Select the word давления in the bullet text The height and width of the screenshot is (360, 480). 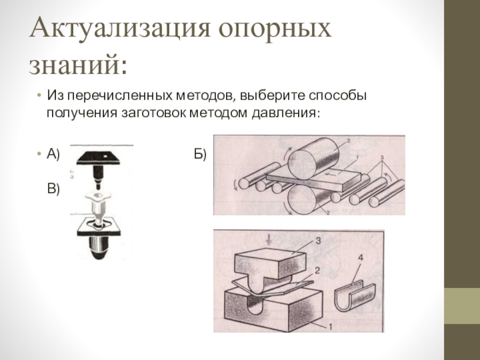click(x=283, y=113)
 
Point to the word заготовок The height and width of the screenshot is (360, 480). click(x=154, y=113)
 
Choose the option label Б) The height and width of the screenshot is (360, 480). click(x=200, y=154)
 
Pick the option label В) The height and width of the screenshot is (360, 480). click(x=53, y=189)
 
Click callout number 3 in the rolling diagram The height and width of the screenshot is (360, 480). click(x=382, y=158)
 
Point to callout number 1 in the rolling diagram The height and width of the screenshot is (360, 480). click(x=356, y=158)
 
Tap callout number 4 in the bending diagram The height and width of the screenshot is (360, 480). click(x=361, y=258)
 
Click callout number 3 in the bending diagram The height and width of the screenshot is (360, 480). click(x=318, y=241)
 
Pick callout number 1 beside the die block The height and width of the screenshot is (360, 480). click(x=331, y=327)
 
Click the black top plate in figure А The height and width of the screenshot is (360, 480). click(x=98, y=158)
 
